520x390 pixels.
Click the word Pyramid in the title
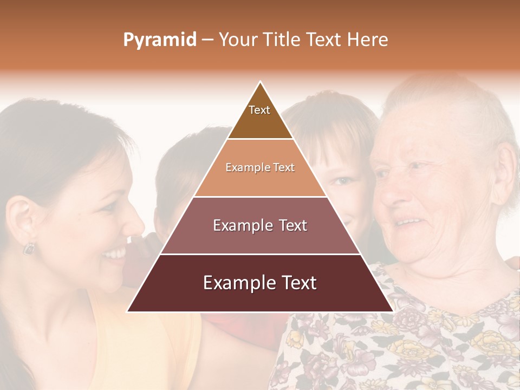pyautogui.click(x=159, y=40)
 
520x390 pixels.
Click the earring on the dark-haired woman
pyautogui.click(x=28, y=248)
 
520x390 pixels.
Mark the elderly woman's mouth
pyautogui.click(x=409, y=222)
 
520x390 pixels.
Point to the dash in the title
pyautogui.click(x=207, y=40)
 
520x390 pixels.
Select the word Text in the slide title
pyautogui.click(x=324, y=40)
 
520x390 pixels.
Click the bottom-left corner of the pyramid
pyautogui.click(x=128, y=311)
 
